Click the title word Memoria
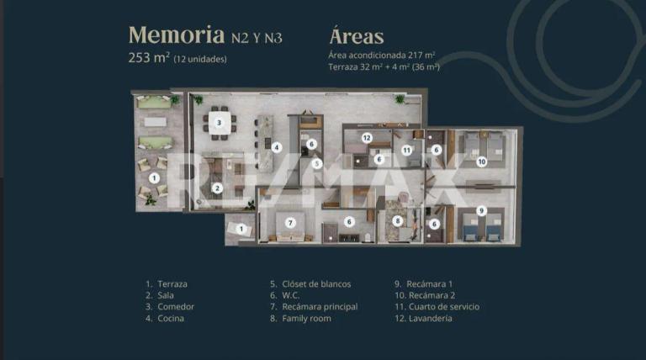click(x=177, y=35)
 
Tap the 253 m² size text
click(x=149, y=57)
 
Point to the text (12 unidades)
click(x=200, y=59)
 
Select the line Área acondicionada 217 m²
click(x=382, y=55)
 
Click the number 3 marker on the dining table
click(x=220, y=122)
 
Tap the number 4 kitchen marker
click(x=277, y=147)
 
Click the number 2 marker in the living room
click(x=217, y=188)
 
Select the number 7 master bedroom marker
click(x=290, y=223)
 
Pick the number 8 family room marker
click(x=398, y=220)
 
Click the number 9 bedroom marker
click(x=481, y=211)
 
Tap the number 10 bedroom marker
click(x=482, y=161)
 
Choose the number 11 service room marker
click(x=407, y=151)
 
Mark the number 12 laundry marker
click(x=367, y=138)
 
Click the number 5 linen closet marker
click(x=316, y=163)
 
